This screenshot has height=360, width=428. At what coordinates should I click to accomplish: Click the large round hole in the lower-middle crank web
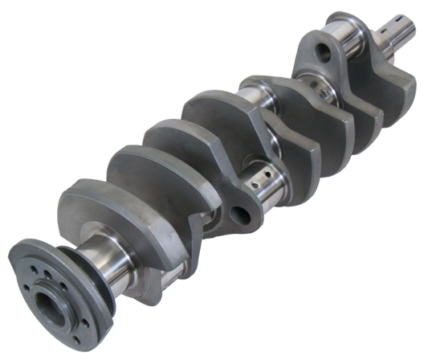point(237,214)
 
